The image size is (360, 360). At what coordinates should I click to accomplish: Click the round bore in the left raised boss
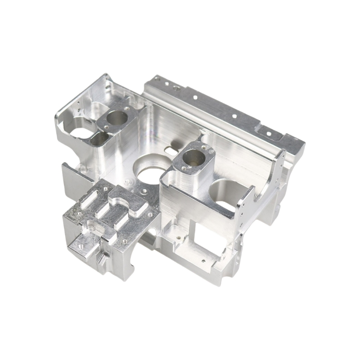click(x=118, y=118)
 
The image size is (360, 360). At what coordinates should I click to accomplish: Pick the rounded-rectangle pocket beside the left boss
click(x=100, y=139)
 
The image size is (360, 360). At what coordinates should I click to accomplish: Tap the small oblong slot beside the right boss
click(x=172, y=149)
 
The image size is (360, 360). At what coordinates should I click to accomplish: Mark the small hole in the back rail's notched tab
click(x=269, y=134)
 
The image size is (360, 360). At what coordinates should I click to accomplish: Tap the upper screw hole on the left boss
click(x=127, y=108)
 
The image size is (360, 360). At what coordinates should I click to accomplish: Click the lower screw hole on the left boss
click(x=106, y=127)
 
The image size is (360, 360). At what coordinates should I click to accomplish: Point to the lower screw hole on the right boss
click(x=184, y=168)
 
